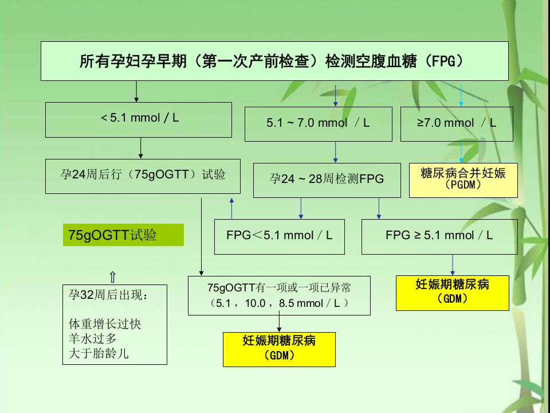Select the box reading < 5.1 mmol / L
click(139, 120)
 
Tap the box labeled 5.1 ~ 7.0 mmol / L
click(318, 124)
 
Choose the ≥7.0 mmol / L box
click(457, 124)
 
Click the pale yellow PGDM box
click(463, 180)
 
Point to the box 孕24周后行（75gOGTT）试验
click(143, 176)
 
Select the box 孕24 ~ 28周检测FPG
click(327, 180)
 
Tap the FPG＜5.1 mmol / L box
click(280, 237)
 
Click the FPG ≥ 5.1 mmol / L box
click(439, 237)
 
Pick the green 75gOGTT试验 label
click(124, 235)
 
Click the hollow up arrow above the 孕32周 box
click(113, 277)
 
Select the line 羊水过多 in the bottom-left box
click(93, 338)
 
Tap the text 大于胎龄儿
click(99, 353)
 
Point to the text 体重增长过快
click(105, 324)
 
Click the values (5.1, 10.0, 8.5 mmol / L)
click(279, 303)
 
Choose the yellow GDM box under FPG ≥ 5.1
click(453, 293)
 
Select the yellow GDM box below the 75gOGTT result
click(279, 349)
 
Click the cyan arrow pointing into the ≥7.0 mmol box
click(461, 96)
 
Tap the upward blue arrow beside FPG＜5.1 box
click(231, 209)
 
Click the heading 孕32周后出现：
click(108, 295)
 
